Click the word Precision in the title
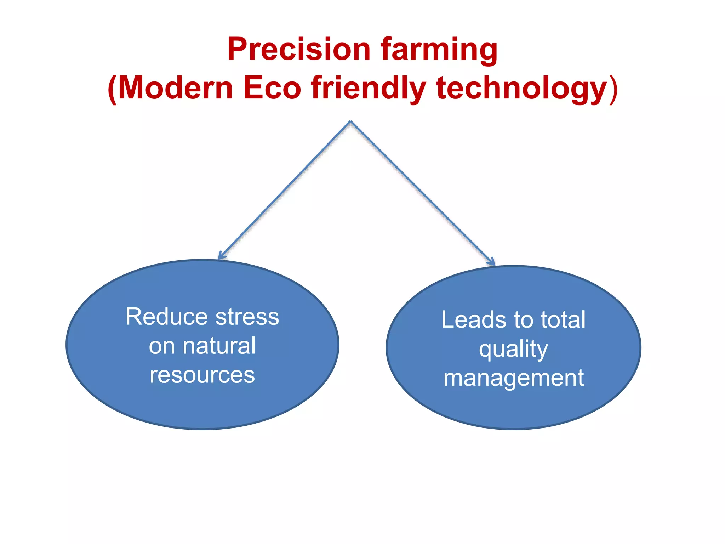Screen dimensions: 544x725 coord(299,49)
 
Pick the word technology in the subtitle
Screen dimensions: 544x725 coord(523,89)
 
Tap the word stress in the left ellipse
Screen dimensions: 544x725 coord(247,317)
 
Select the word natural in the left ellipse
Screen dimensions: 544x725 coord(219,346)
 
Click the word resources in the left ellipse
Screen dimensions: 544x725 coord(202,375)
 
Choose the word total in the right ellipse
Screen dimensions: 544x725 coord(563,319)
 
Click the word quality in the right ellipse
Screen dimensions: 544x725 coord(513,349)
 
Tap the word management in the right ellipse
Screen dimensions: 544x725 coord(514,378)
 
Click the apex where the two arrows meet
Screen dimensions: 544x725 coord(350,121)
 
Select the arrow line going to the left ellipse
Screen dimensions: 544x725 coord(285,189)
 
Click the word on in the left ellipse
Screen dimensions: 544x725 coord(161,346)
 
